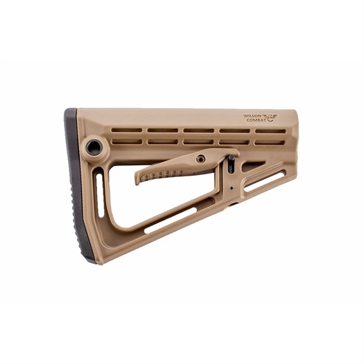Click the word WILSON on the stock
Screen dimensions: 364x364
tap(252, 115)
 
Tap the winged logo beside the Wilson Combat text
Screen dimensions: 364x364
tap(270, 118)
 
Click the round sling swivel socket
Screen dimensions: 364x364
tap(94, 147)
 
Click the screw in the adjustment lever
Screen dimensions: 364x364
tap(200, 158)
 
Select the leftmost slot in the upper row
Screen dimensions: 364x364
tap(128, 130)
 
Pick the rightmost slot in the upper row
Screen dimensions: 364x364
tap(270, 131)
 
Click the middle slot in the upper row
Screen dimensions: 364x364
tap(199, 130)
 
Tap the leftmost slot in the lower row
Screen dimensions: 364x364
tap(128, 142)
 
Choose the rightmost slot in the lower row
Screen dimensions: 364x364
tap(270, 142)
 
